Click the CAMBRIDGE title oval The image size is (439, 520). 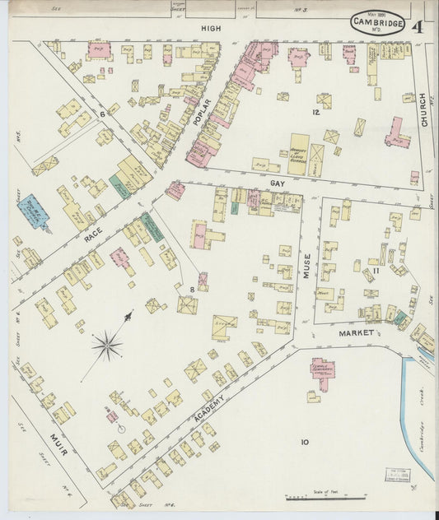[377, 23]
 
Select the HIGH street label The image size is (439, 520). [212, 29]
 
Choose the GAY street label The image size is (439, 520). [278, 183]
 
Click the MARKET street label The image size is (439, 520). [357, 333]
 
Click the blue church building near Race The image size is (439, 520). [34, 211]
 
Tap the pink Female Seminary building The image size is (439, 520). [322, 373]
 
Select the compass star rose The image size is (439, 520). [107, 346]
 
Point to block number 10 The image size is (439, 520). [304, 443]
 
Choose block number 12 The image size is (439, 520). [314, 111]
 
